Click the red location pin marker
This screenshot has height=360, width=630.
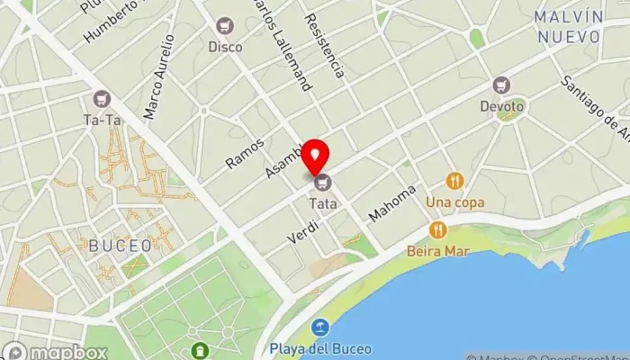point(315,157)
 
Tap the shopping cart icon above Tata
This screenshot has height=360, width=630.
point(323,184)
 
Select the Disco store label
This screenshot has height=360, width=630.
point(225,47)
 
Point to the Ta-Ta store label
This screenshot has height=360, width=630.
point(101,119)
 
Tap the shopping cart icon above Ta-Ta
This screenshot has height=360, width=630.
point(101,98)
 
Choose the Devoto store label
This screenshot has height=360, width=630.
point(501,106)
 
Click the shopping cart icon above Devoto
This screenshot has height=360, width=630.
point(501,85)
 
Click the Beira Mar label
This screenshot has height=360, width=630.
point(436,251)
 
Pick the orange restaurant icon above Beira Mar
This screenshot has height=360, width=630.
point(437,230)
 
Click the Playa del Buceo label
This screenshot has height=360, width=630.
point(319,347)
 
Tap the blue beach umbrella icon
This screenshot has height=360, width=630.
point(319,327)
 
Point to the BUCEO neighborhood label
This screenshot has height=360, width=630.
point(113,244)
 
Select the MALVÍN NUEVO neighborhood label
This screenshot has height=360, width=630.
point(567,27)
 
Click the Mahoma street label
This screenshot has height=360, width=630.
point(394,204)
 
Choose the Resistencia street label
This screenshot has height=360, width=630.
point(324,45)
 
